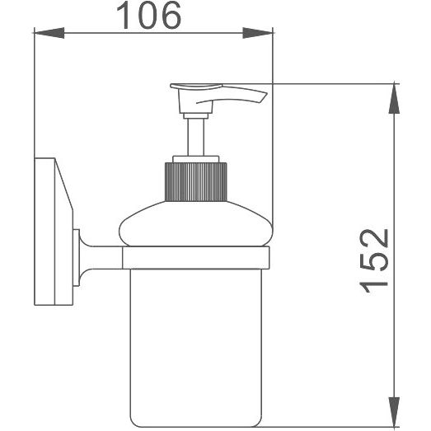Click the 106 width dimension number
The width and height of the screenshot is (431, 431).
point(148,15)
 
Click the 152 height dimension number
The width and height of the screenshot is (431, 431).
point(374,261)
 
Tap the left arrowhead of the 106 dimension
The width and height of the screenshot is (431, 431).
point(49,33)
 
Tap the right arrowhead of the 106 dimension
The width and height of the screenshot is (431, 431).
point(258,33)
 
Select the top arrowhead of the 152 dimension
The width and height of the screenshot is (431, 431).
point(395,98)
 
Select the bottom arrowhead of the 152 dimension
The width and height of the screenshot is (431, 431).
point(395,412)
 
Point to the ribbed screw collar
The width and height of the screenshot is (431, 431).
point(195,182)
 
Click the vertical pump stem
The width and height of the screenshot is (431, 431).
point(195,137)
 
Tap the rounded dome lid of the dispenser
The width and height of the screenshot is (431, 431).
point(195,223)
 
